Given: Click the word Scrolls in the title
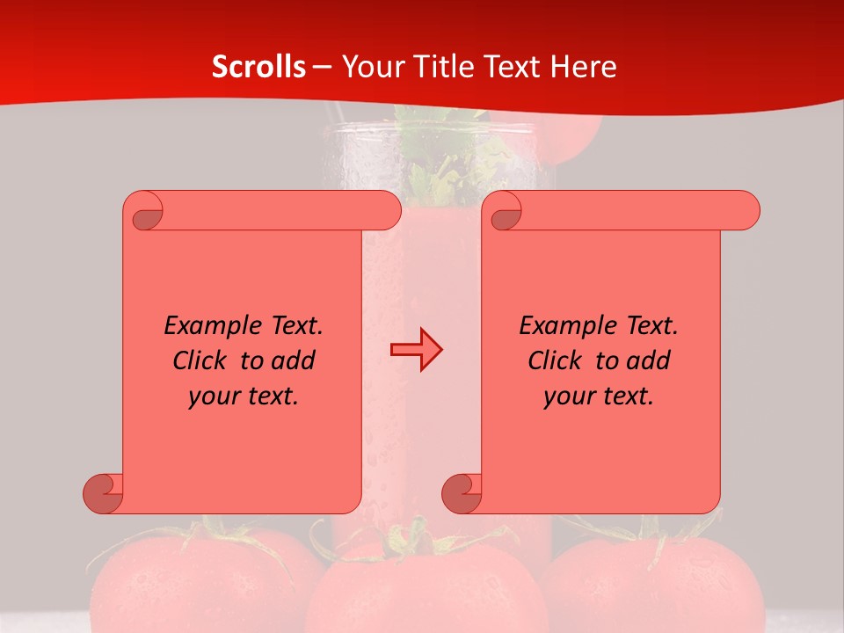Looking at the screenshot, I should pyautogui.click(x=258, y=67).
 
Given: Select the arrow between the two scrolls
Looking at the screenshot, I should pyautogui.click(x=416, y=350).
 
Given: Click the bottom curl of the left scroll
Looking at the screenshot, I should pyautogui.click(x=103, y=492).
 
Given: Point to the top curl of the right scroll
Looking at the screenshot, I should pyautogui.click(x=505, y=211).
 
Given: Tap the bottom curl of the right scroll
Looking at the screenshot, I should pyautogui.click(x=462, y=492).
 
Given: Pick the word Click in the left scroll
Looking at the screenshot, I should pyautogui.click(x=201, y=360).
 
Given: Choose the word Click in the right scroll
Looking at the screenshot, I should pyautogui.click(x=557, y=360).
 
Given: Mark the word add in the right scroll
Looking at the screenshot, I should pyautogui.click(x=649, y=360).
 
